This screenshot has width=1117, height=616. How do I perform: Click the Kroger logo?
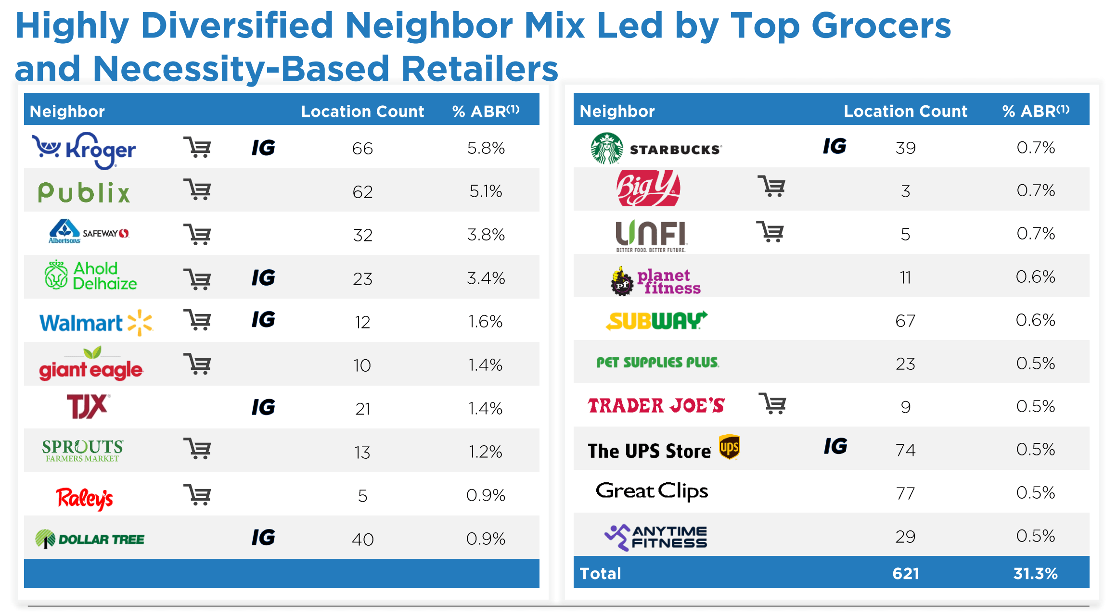coord(84,150)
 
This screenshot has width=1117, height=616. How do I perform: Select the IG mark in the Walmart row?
coord(263,320)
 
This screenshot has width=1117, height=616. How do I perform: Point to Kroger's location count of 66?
coord(362,149)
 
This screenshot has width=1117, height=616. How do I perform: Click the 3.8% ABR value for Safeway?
coord(486,235)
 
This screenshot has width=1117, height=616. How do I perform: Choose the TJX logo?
coord(88,407)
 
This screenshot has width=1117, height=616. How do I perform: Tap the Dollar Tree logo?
coord(90,539)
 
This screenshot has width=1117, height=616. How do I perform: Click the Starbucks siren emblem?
coord(606,149)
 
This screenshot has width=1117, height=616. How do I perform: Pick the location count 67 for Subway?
coord(905,321)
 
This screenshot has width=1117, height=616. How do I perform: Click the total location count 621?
coord(905,573)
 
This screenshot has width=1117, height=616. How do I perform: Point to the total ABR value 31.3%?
coord(1035,573)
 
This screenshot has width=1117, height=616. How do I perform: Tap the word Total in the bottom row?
coord(600,573)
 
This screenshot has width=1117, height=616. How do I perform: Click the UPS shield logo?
coord(729,447)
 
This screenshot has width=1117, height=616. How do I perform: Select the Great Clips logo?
coord(652,491)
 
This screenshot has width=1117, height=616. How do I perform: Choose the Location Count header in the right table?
coord(905,111)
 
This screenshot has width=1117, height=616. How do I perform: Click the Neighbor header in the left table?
coord(67,111)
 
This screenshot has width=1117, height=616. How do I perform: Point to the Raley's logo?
coord(85,498)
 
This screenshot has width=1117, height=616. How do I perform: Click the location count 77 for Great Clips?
coord(905,493)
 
